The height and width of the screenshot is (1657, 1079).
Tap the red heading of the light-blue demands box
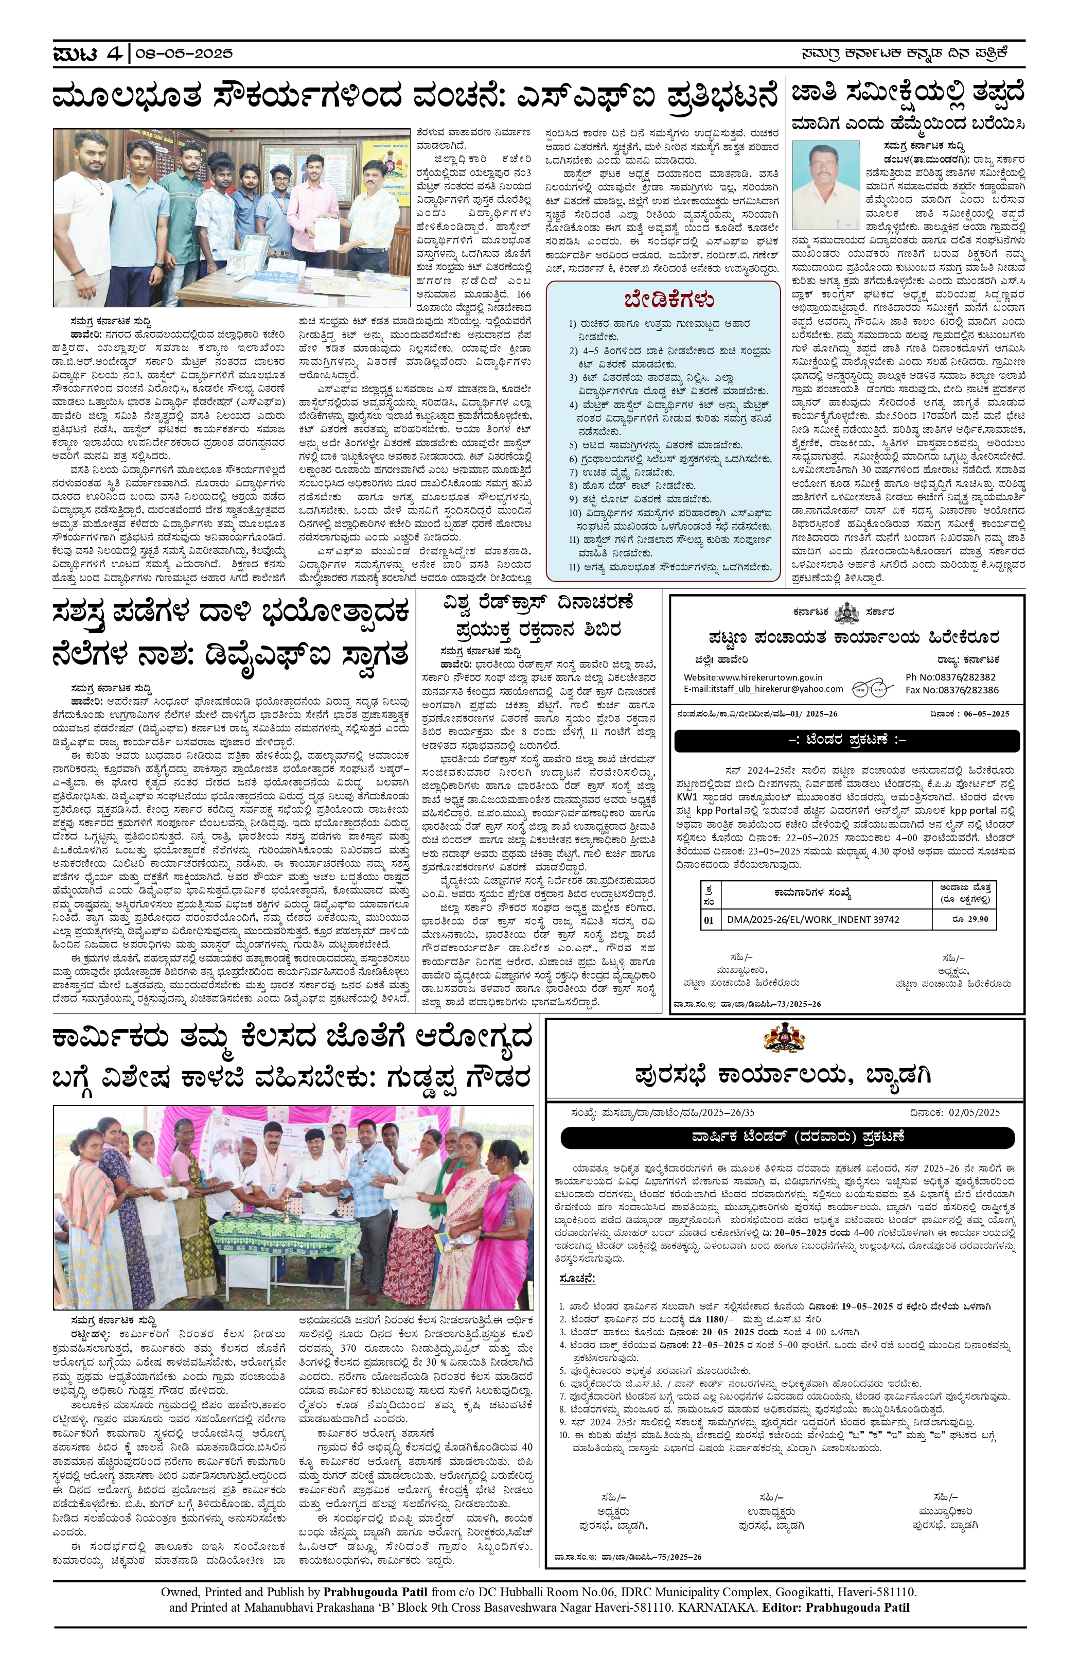[669, 300]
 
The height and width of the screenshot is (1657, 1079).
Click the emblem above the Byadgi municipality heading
[784, 1039]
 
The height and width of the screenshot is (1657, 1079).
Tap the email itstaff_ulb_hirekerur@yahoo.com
[763, 689]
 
